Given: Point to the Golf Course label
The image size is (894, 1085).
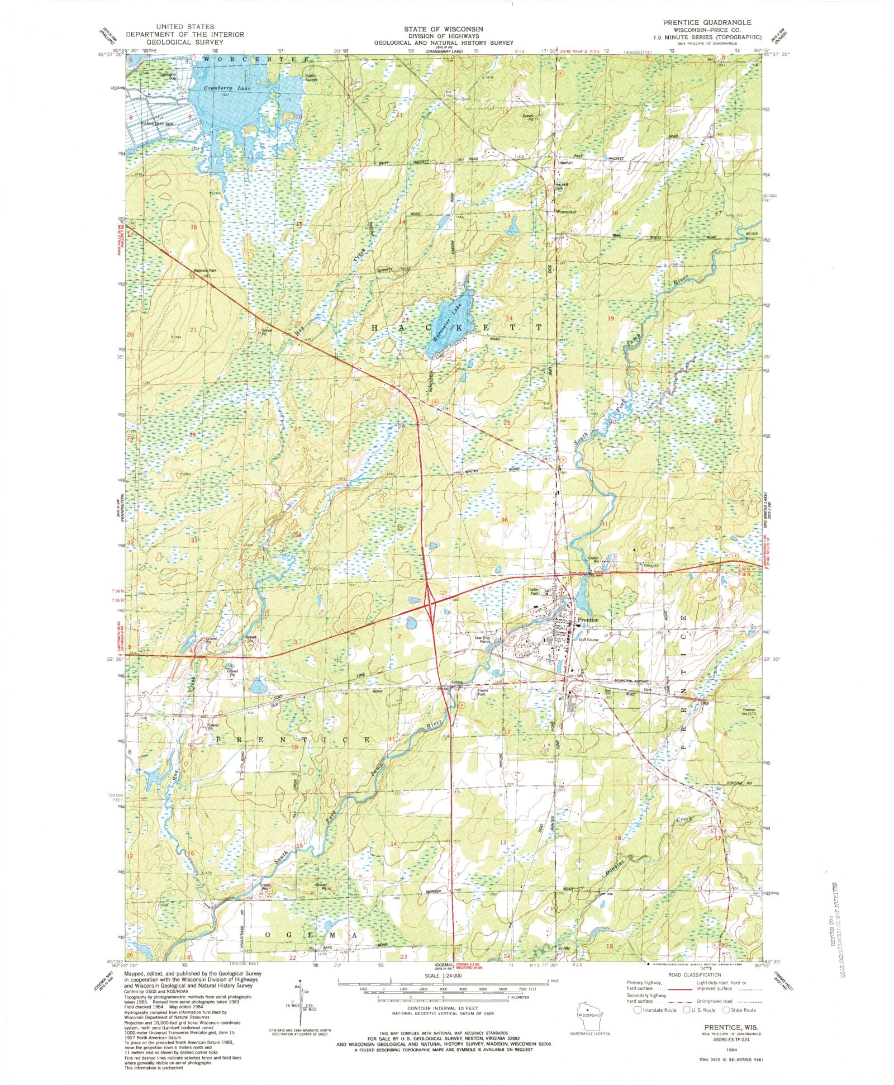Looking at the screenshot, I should point(588,639).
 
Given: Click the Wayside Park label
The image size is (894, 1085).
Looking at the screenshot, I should point(205,271).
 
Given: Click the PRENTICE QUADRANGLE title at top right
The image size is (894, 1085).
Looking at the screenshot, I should point(707,22).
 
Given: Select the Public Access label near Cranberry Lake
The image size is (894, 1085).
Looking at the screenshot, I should point(311,78).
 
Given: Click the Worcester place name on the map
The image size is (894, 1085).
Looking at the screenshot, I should point(565,212).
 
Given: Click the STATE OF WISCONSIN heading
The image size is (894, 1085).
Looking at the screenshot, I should point(444,29).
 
